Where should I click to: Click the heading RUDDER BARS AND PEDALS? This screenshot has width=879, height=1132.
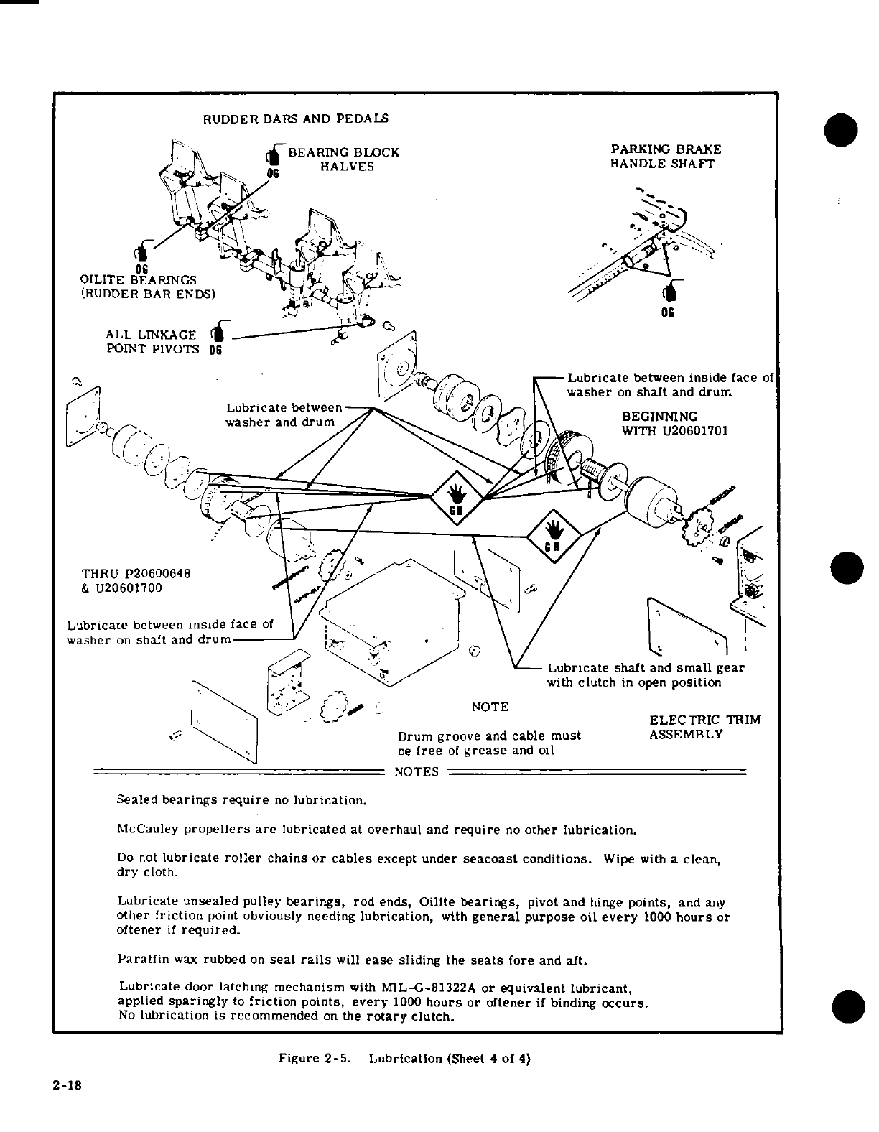(x=296, y=118)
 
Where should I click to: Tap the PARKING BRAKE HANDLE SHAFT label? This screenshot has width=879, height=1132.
(x=666, y=157)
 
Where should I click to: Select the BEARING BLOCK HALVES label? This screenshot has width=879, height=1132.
(x=343, y=159)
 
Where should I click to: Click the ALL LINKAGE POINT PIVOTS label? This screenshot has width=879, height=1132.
(x=151, y=342)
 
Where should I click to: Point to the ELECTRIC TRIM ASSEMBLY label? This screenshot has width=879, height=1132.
(x=704, y=727)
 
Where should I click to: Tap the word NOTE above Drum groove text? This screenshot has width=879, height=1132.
(x=490, y=707)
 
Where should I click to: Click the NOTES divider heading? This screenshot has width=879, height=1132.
(x=417, y=772)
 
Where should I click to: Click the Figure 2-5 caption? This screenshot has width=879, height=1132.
(x=404, y=1059)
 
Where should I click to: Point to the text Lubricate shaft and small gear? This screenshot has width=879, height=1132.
(x=646, y=668)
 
